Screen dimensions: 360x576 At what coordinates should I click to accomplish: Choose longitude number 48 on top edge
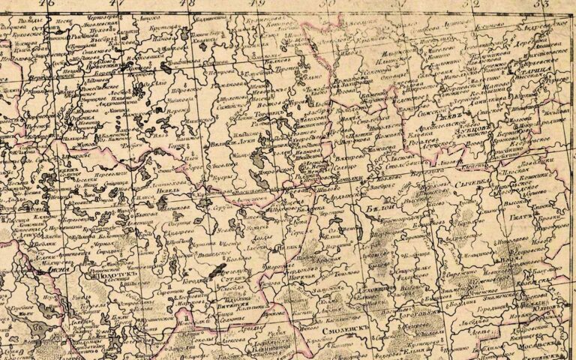[187, 4]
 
